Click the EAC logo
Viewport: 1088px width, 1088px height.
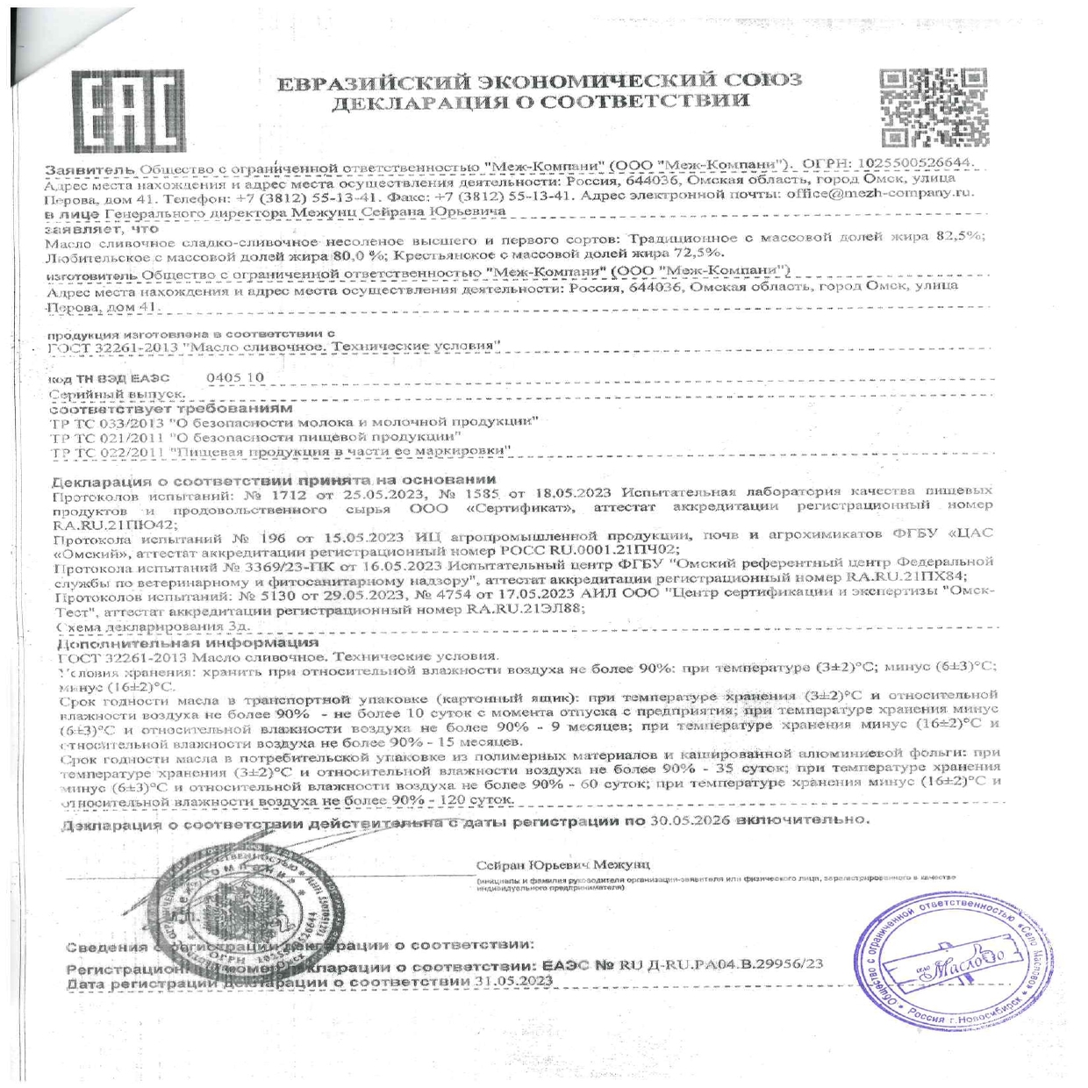(129, 110)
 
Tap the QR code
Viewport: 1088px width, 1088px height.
(934, 108)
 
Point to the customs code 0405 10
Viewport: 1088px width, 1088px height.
(234, 378)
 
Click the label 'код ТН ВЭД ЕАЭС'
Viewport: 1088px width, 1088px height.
(109, 379)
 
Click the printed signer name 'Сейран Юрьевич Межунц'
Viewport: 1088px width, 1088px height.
(562, 865)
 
